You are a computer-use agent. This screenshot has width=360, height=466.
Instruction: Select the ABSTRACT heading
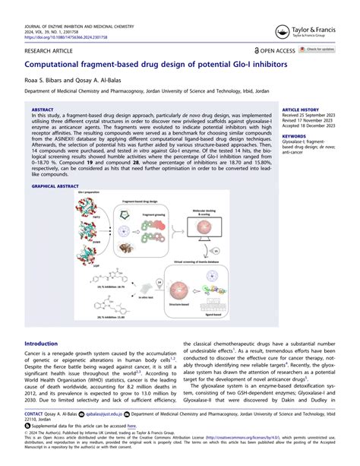pos(43,109)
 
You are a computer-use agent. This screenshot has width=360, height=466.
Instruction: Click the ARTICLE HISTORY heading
pos(300,109)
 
